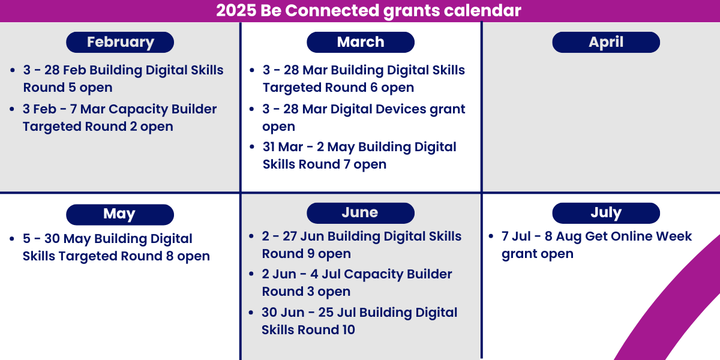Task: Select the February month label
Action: [x=120, y=42]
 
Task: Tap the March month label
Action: [x=360, y=42]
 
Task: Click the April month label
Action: [x=606, y=42]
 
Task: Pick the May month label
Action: [x=119, y=214]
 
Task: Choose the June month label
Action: [x=360, y=213]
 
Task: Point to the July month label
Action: [x=606, y=213]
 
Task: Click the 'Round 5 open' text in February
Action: [x=68, y=88]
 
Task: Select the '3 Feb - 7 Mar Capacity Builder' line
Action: [x=120, y=109]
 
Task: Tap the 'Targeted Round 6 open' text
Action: [x=338, y=88]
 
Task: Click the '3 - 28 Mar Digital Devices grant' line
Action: [x=364, y=109]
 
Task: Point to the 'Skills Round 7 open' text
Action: [x=325, y=164]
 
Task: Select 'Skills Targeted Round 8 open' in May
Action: [x=116, y=256]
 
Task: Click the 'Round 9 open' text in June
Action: [x=307, y=254]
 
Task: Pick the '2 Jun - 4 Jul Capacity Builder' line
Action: [x=357, y=274]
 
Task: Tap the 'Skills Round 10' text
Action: [x=308, y=330]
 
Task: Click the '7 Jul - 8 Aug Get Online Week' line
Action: [x=596, y=236]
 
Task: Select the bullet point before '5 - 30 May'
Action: [x=13, y=239]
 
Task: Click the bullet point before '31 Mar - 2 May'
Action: [x=252, y=148]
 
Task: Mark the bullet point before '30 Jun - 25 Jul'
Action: [x=252, y=313]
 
